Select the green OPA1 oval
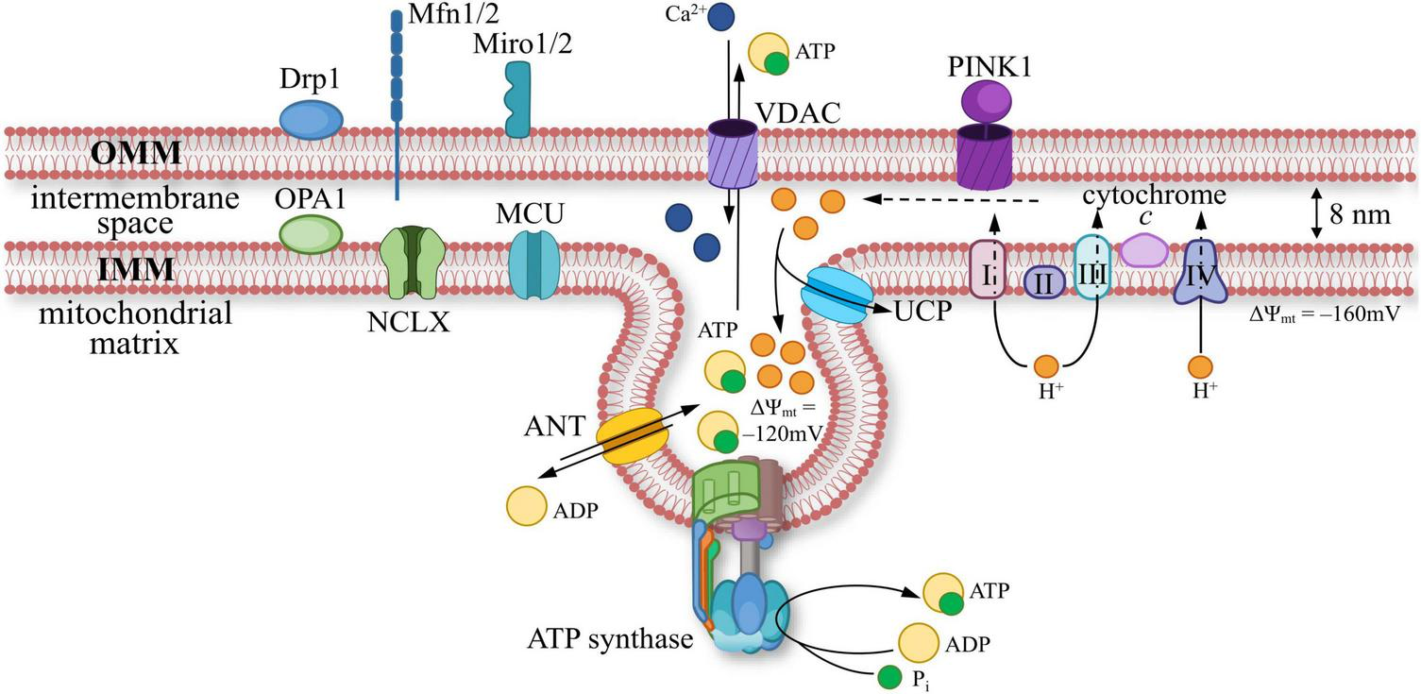click(311, 233)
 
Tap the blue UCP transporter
click(835, 296)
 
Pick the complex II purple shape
click(1044, 280)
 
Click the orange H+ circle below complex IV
click(1201, 364)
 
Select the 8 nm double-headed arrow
click(1315, 215)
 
